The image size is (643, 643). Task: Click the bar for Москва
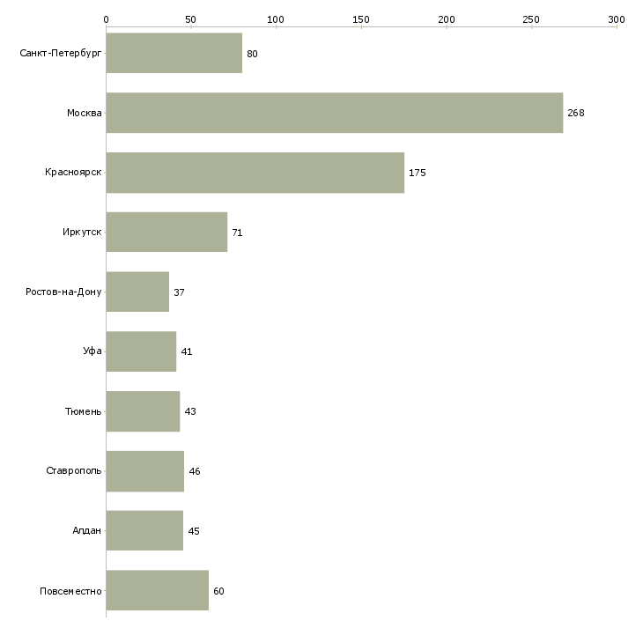[334, 113]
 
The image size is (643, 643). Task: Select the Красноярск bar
[255, 173]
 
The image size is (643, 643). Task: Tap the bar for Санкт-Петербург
[174, 54]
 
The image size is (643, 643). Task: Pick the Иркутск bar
[166, 233]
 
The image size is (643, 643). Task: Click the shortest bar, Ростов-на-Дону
[137, 292]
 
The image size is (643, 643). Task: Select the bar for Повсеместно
[157, 590]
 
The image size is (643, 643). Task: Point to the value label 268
[576, 114]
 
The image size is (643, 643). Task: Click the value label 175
[418, 174]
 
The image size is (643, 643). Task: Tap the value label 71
[237, 233]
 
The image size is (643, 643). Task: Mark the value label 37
[179, 292]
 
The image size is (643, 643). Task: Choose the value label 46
[195, 472]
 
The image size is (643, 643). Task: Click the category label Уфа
[92, 351]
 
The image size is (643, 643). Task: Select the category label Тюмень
[84, 411]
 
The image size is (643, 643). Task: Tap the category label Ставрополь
[74, 471]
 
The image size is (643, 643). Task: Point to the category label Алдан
[87, 531]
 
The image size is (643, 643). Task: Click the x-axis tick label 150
[361, 19]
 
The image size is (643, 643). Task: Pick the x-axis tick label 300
[617, 19]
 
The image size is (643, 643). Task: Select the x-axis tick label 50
[191, 19]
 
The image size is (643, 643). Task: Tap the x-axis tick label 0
[107, 19]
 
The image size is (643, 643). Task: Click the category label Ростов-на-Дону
[64, 292]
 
